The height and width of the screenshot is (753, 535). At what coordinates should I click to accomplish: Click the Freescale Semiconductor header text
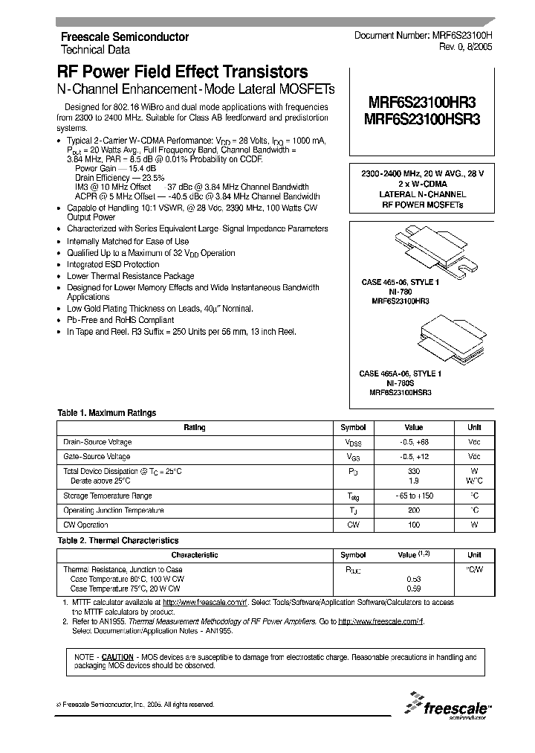tap(124, 36)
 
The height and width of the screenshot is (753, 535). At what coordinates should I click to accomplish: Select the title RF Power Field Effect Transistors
tap(182, 72)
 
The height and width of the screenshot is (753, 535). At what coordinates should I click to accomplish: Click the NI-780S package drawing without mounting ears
tap(424, 336)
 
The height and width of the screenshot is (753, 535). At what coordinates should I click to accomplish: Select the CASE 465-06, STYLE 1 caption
tap(400, 283)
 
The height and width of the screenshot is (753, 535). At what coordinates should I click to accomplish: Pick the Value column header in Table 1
tap(413, 427)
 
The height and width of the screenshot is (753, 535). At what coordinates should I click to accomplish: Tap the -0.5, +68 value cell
tap(413, 442)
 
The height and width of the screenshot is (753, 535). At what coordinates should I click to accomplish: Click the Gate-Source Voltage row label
tap(97, 456)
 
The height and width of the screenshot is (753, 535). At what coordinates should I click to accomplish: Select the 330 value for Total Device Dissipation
tap(414, 472)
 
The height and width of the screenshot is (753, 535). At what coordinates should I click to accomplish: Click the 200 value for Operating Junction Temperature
tap(414, 510)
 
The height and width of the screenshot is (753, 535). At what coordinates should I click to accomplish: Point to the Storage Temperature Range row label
tap(108, 496)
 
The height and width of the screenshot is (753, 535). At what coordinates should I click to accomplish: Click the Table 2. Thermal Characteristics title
tap(118, 540)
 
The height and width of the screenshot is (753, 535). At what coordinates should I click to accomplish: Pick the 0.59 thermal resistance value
tap(414, 589)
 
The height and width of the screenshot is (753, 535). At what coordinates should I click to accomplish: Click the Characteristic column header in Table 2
tap(195, 555)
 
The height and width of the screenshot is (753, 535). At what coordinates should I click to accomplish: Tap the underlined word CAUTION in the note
tap(117, 657)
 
